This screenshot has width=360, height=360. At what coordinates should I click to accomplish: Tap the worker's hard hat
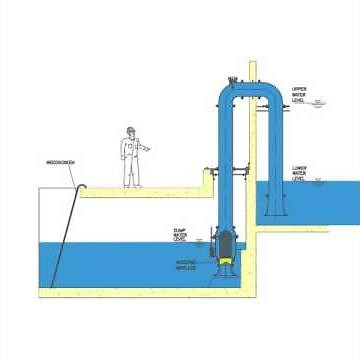[131, 129]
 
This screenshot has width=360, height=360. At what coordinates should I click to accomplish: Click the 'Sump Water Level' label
[180, 234]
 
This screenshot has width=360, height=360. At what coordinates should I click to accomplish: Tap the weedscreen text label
[61, 162]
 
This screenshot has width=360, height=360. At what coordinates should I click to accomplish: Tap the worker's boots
[131, 185]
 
